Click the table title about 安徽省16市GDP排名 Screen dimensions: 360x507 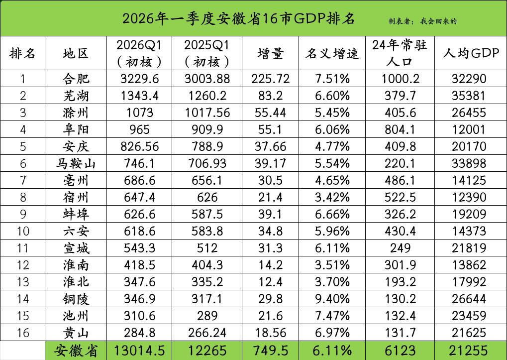click(238, 18)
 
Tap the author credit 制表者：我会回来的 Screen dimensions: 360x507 click(422, 21)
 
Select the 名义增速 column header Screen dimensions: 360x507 click(332, 53)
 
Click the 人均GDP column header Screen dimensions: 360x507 click(470, 53)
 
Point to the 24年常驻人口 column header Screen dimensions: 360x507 click(400, 53)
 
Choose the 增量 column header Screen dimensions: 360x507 click(271, 53)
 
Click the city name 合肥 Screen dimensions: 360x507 click(76, 79)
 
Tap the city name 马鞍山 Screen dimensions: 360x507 click(76, 163)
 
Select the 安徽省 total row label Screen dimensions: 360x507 click(76, 351)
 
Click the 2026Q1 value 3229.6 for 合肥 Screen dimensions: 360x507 click(139, 79)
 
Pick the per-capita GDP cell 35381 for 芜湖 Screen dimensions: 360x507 click(470, 96)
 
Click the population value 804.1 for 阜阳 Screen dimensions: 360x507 click(400, 129)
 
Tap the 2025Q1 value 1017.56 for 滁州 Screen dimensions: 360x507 click(206, 113)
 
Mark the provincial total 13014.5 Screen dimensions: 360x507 click(139, 351)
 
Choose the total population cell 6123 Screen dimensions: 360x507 click(400, 351)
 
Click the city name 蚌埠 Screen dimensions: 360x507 click(76, 214)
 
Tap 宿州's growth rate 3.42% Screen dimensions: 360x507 click(332, 197)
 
